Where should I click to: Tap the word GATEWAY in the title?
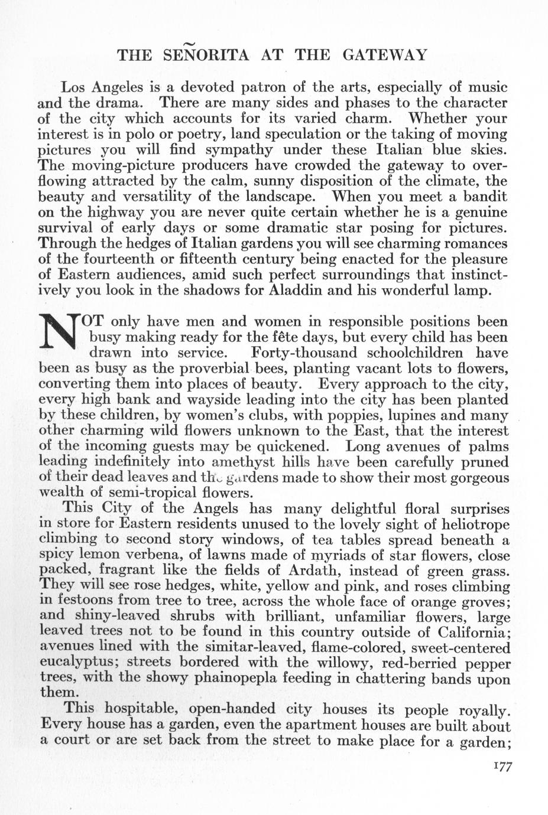click(384, 56)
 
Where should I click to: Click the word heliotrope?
click(469, 524)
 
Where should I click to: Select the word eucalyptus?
click(77, 662)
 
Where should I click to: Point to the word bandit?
click(481, 196)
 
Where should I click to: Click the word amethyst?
click(245, 462)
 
